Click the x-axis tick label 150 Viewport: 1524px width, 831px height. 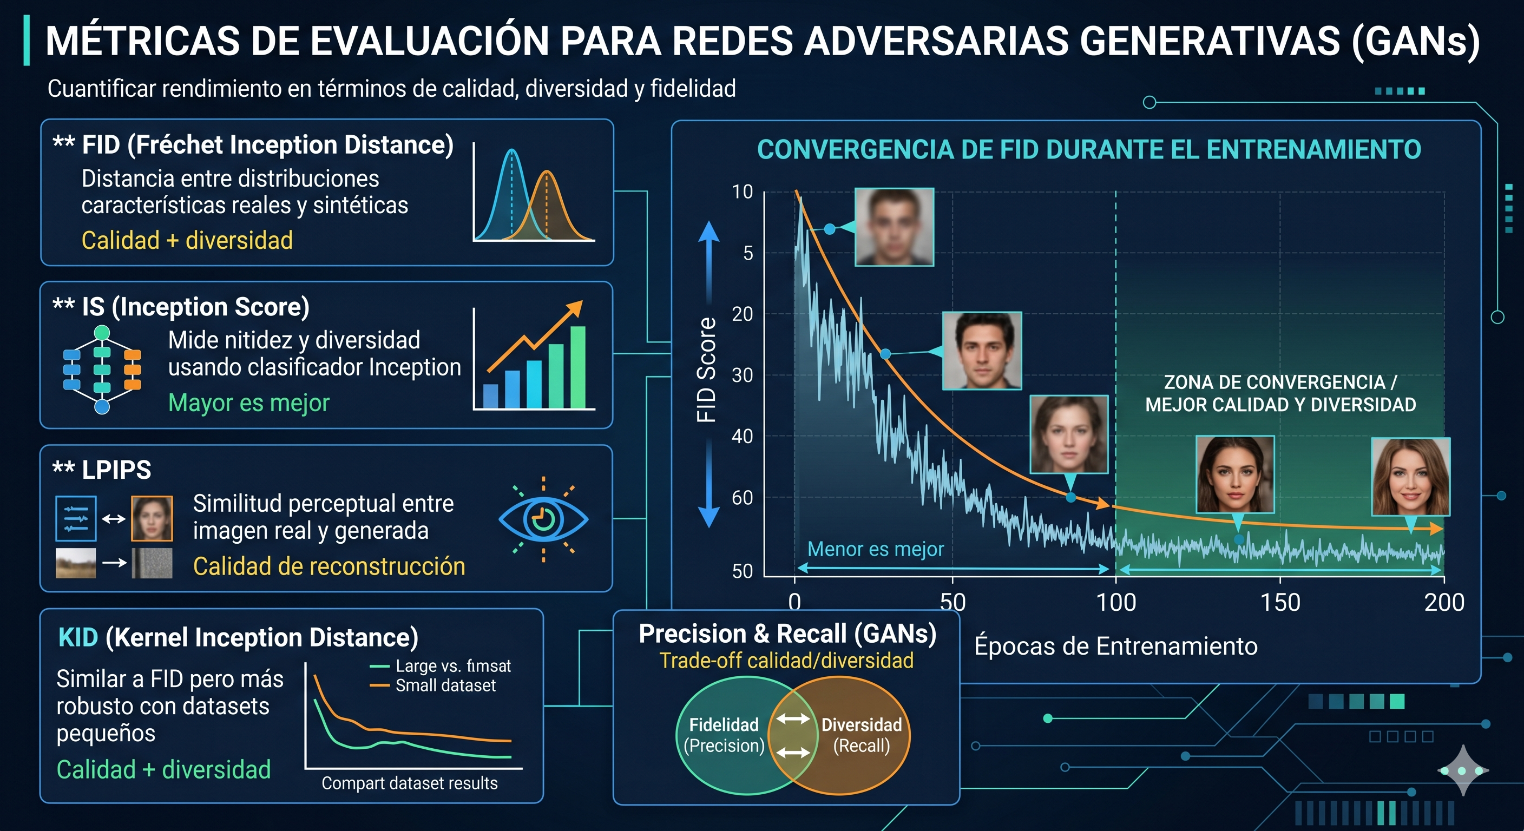click(1280, 603)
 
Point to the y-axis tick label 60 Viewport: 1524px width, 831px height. click(743, 498)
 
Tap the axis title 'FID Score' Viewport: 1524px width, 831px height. click(706, 370)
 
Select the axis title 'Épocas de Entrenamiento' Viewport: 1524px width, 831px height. click(1116, 646)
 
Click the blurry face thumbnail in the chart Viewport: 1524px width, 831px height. click(895, 227)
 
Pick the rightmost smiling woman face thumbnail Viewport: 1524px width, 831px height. click(1411, 477)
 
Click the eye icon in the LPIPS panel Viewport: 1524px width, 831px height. click(543, 519)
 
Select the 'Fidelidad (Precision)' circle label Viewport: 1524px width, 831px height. click(724, 735)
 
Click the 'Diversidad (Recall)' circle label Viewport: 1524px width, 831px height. click(862, 735)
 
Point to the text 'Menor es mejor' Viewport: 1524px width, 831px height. click(876, 549)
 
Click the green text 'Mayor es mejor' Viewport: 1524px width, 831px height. click(248, 403)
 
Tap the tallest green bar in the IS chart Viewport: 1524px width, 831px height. click(577, 367)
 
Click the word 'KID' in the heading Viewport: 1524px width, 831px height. click(78, 638)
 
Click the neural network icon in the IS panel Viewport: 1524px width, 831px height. click(102, 370)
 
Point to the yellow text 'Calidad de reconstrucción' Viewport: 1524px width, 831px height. click(329, 566)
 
